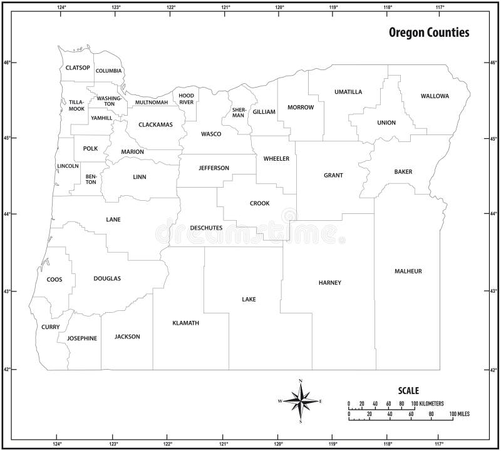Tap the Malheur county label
coord(408,271)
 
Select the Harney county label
coord(329,283)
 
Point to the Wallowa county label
coord(435,96)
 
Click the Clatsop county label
coord(78,68)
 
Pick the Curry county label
coord(51,327)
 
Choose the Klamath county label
coord(185,323)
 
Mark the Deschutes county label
coord(206,228)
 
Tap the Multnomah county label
coord(152,102)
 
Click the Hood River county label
coord(187,98)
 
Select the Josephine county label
coord(81,338)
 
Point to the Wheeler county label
coord(276,159)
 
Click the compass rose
coord(301,400)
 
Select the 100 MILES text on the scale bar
coord(459,414)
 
